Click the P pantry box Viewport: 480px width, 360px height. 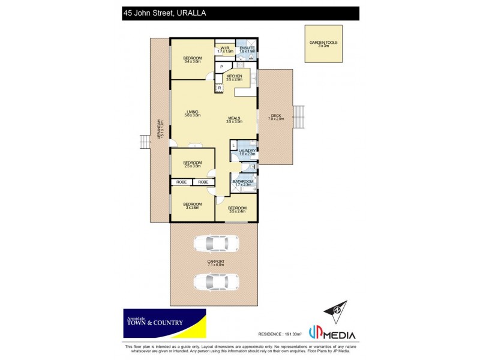(x=221, y=66)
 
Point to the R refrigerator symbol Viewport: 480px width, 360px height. (x=220, y=89)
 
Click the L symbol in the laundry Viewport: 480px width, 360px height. (x=234, y=145)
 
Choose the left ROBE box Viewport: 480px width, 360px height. (x=182, y=181)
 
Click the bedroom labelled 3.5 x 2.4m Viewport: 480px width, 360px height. (x=237, y=209)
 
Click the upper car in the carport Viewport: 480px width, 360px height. (x=215, y=243)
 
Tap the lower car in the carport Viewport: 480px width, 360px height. (x=215, y=281)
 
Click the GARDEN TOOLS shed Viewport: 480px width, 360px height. (x=323, y=44)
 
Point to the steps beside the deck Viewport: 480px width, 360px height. (x=299, y=117)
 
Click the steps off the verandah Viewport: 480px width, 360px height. (x=144, y=142)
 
